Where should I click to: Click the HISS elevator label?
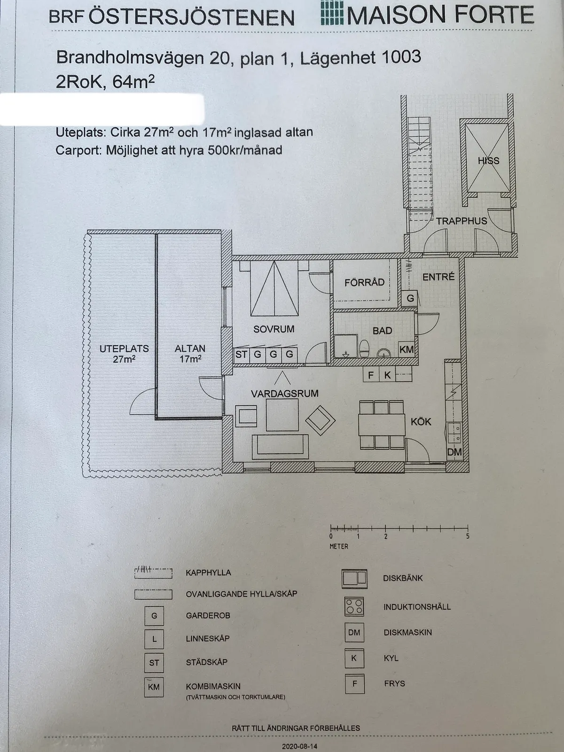488,161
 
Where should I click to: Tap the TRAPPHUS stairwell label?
461,221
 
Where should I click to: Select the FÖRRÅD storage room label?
364,282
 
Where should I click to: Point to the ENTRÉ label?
438,277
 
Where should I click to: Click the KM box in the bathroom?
407,350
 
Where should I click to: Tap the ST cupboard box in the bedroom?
241,354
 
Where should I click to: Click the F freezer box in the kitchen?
371,375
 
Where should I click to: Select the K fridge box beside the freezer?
387,375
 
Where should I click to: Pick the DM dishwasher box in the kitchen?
454,452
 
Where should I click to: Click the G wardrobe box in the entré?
410,298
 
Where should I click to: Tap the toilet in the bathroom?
364,348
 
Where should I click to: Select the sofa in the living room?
280,447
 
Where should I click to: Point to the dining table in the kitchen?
382,425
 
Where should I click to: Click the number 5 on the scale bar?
468,536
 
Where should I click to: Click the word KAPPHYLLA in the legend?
208,573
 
